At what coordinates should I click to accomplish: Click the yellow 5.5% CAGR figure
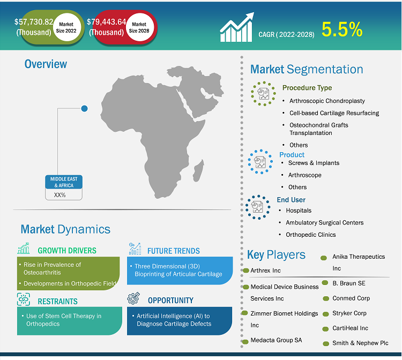(342, 29)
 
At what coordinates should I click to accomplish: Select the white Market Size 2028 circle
(140, 27)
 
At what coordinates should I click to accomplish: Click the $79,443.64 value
(107, 22)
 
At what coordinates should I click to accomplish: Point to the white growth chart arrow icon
(237, 27)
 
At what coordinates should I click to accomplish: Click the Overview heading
(46, 64)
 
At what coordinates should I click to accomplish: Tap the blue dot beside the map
(84, 108)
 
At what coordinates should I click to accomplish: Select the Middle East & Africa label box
(64, 182)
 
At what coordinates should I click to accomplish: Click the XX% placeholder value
(59, 195)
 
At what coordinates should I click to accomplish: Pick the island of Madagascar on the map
(198, 170)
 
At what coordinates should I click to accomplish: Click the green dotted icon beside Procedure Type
(263, 94)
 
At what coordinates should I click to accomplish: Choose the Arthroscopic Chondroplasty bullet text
(327, 101)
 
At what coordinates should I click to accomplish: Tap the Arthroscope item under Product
(305, 175)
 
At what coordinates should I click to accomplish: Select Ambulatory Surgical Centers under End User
(325, 223)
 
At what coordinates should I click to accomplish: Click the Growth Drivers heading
(67, 251)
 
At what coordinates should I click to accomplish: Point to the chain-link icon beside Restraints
(24, 299)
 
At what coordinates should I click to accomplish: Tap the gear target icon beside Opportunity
(133, 298)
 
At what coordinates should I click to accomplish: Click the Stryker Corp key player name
(349, 313)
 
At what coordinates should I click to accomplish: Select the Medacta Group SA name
(276, 340)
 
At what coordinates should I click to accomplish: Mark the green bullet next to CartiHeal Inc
(325, 329)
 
